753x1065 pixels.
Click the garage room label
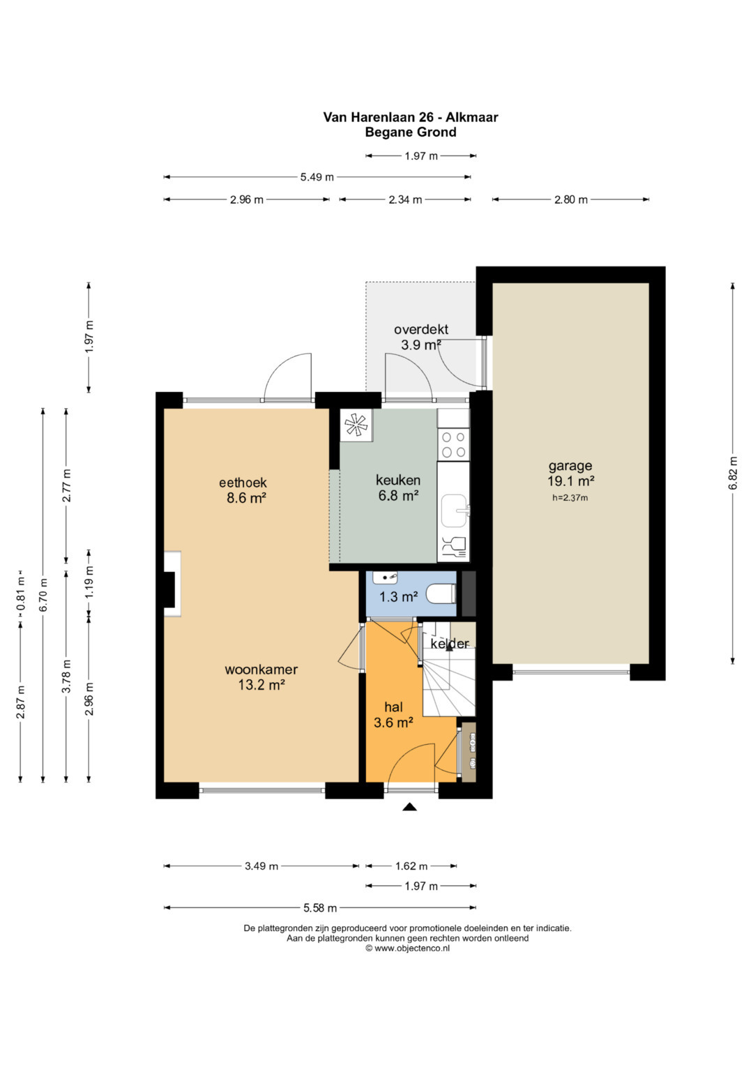click(570, 466)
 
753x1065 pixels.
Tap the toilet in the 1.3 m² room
click(441, 594)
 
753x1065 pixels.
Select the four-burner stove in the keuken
click(453, 444)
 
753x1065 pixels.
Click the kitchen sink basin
click(455, 511)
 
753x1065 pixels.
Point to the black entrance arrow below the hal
click(410, 807)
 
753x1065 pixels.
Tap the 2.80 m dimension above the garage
click(571, 199)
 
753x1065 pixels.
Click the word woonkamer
click(261, 670)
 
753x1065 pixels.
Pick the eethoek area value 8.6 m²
click(245, 498)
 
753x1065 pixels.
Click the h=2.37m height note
click(570, 498)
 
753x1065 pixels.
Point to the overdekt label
click(421, 329)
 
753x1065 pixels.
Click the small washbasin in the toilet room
click(385, 577)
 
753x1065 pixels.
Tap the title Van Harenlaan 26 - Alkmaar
click(411, 117)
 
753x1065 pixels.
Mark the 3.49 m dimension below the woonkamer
click(261, 866)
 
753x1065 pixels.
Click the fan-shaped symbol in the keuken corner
click(356, 424)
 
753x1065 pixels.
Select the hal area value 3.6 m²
click(393, 723)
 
